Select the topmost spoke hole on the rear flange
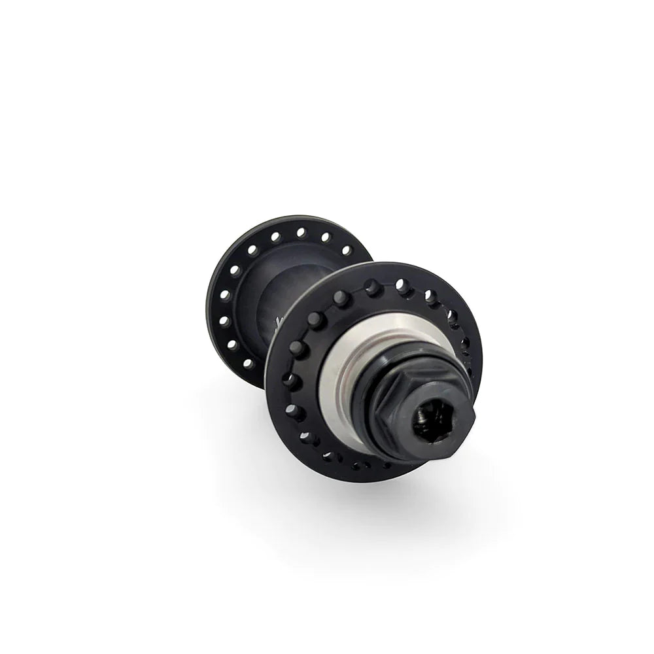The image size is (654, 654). pos(301,232)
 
